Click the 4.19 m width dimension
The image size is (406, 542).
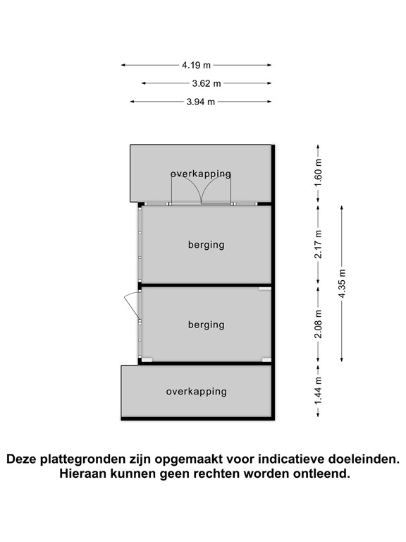coord(197,65)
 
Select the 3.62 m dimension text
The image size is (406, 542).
coord(207,83)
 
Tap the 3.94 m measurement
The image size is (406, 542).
coord(201,102)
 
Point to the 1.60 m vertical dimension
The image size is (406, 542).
coord(318,172)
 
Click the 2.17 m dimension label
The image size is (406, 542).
coord(318,244)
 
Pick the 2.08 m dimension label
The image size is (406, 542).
coord(318,324)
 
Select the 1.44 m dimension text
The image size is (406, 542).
coord(318,390)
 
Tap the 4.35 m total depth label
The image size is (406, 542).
coord(342,284)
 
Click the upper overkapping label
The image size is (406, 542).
coord(201,174)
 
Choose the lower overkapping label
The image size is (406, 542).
coord(197,392)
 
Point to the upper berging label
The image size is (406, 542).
coord(206,245)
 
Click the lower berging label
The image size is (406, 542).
coord(206,325)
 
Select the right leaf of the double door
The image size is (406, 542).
coord(216,189)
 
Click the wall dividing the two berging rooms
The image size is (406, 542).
coord(205,286)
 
